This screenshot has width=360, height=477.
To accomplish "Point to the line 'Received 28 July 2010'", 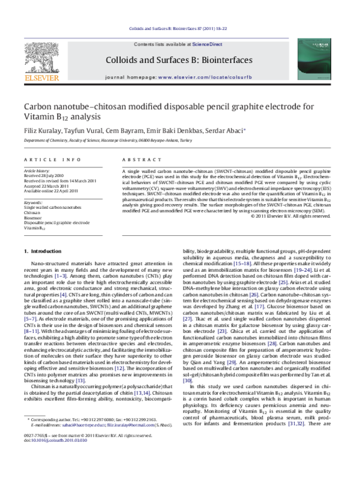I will tap(47, 175).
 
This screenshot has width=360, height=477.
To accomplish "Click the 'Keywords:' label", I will tap(33, 202).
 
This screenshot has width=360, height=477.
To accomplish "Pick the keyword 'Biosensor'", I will tap(33, 218).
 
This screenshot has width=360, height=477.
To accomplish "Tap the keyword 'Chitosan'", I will tap(33, 213).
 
